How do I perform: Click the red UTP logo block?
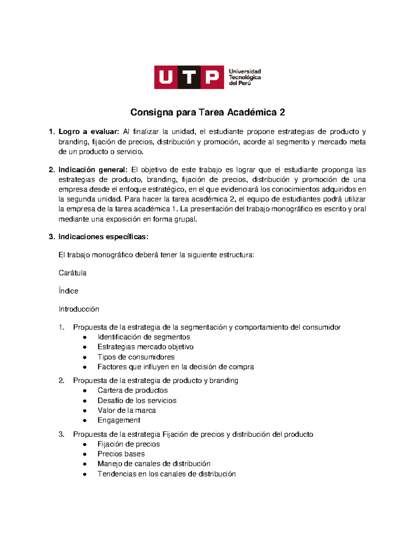click(189, 77)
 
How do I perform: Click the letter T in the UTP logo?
click(189, 77)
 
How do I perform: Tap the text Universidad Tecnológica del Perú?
click(245, 77)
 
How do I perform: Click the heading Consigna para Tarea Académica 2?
click(207, 112)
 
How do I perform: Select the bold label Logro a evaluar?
click(89, 132)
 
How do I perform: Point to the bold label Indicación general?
click(93, 170)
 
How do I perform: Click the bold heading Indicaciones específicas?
click(103, 237)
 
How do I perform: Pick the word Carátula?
click(72, 273)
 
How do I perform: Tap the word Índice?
click(68, 291)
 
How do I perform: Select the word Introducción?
click(79, 309)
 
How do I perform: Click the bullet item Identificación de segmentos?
click(144, 337)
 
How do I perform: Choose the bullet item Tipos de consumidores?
click(136, 357)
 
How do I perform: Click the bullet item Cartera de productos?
click(132, 390)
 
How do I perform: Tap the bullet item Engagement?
click(119, 420)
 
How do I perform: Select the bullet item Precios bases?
click(121, 454)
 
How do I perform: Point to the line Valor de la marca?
click(127, 411)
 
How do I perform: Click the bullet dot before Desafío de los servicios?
click(85, 401)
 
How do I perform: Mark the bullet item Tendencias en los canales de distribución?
click(166, 474)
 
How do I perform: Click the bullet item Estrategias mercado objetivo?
click(145, 347)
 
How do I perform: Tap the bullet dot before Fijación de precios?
click(85, 444)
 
